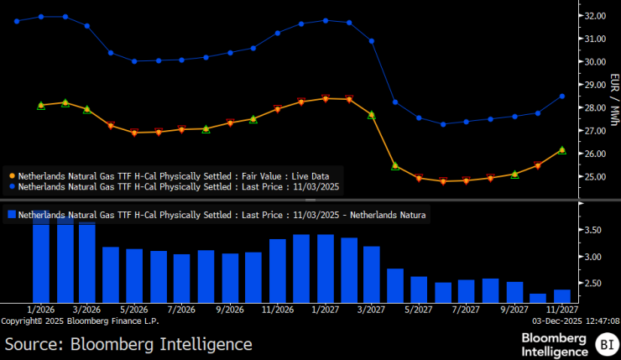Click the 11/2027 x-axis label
[561, 309]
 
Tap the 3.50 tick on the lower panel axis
[593, 230]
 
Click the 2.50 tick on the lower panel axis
[593, 284]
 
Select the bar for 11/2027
[562, 295]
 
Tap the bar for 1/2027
[326, 268]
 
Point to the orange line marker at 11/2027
[562, 149]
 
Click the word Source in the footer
[34, 344]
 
